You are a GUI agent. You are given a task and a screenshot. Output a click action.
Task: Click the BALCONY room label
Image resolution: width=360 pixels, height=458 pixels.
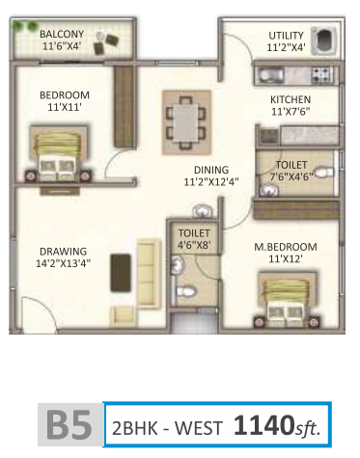coord(60,34)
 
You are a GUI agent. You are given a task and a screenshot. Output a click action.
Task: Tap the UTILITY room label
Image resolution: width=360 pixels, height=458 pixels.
coord(286,36)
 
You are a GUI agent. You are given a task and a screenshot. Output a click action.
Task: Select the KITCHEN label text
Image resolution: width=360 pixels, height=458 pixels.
coord(289,98)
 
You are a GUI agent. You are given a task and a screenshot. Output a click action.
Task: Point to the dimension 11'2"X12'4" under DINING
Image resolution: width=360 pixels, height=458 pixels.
coord(204,180)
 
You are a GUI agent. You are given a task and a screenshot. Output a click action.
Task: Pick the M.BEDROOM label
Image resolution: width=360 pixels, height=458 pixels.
coord(285,248)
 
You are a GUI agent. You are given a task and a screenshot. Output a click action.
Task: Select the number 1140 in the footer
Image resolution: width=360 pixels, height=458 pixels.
coord(259,425)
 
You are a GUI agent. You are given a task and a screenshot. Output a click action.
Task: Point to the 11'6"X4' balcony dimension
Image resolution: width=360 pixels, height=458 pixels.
coord(61,45)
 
